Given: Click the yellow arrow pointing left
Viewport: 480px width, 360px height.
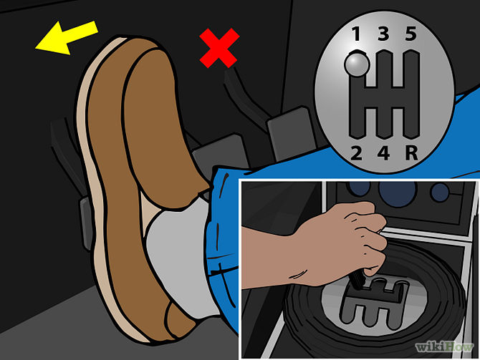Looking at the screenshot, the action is [67, 38].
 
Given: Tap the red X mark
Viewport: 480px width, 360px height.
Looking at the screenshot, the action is [219, 48].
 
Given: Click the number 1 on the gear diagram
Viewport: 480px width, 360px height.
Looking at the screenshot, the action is [356, 34].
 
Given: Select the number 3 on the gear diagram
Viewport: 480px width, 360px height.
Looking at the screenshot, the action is [383, 34].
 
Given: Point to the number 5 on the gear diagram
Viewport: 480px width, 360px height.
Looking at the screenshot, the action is [411, 34].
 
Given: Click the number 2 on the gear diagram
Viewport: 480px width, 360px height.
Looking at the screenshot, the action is [356, 153].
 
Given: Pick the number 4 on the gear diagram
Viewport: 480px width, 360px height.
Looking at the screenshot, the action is [383, 153].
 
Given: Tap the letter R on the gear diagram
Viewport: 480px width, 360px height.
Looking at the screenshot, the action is [411, 153].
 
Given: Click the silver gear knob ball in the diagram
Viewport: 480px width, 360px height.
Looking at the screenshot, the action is [357, 64].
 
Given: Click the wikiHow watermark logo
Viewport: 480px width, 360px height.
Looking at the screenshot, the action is [444, 347].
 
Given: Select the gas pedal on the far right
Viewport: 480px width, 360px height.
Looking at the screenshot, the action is [291, 132].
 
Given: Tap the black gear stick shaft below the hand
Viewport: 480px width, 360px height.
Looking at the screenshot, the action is [357, 278].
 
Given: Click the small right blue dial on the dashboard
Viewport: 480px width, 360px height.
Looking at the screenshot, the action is [440, 192].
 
